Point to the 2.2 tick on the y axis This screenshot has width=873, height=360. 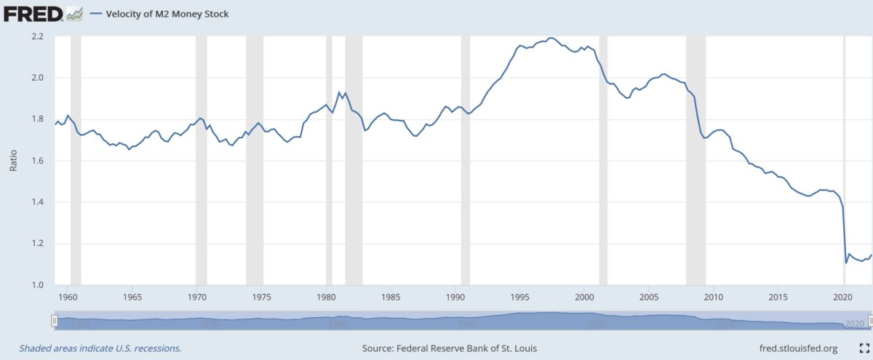point(38,36)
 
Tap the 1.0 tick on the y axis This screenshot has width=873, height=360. point(38,285)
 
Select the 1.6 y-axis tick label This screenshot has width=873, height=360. point(38,161)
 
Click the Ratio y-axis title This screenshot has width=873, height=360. point(12,161)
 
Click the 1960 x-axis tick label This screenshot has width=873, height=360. point(68,297)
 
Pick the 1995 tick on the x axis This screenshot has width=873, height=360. point(519,297)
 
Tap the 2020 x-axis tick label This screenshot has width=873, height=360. point(842,297)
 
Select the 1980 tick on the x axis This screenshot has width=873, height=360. point(326,297)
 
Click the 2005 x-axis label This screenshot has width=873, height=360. point(649,297)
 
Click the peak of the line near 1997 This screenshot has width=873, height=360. point(551,38)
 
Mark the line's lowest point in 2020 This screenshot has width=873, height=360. point(846,263)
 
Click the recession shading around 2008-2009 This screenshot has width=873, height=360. point(695,160)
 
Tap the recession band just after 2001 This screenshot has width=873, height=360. point(603,160)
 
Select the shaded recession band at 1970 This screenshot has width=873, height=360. point(202,160)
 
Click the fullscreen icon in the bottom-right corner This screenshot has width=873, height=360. point(864,348)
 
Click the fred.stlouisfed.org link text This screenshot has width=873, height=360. point(798,348)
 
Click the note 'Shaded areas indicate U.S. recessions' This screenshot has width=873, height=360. point(100,348)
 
